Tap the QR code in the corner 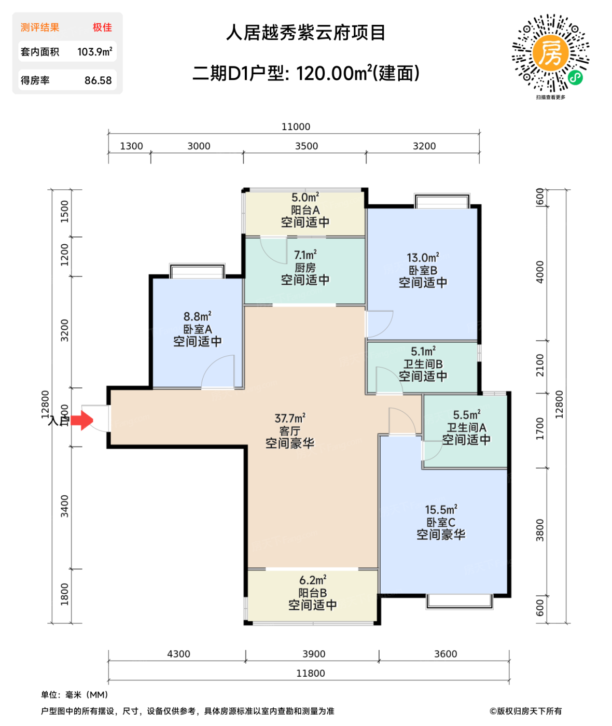550,53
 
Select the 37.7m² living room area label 289,418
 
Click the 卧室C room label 441,522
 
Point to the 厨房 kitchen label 305,268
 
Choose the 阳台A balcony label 305,210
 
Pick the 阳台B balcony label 312,592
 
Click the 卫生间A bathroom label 466,427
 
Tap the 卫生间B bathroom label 423,364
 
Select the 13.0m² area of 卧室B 423,258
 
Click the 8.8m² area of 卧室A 197,316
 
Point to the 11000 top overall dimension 296,127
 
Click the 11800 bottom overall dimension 311,673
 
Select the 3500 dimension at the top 306,146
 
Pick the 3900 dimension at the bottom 314,654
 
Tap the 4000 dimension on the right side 540,272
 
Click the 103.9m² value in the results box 94,52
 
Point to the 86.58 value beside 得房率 98,80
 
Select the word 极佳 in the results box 102,27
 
